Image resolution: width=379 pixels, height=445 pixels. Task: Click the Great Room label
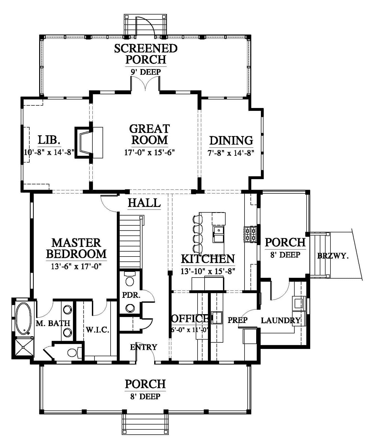(149, 134)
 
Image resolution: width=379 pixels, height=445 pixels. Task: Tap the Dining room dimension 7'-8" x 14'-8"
(231, 153)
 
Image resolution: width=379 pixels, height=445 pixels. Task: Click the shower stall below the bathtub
(23, 347)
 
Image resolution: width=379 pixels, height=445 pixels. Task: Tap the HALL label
(144, 203)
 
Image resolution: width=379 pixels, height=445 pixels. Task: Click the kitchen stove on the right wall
(250, 234)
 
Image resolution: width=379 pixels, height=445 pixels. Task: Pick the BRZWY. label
(333, 256)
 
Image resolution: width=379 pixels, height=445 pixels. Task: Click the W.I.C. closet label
(97, 330)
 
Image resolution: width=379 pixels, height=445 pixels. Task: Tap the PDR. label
(131, 295)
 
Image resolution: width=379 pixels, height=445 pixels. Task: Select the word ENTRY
(144, 347)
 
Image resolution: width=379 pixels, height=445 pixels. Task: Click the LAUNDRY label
(281, 320)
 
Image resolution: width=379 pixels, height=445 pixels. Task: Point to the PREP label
(238, 320)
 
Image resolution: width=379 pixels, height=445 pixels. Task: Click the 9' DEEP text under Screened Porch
(146, 72)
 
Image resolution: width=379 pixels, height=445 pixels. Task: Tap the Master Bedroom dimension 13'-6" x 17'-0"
(76, 266)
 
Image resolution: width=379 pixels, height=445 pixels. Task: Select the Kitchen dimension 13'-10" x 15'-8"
(208, 271)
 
